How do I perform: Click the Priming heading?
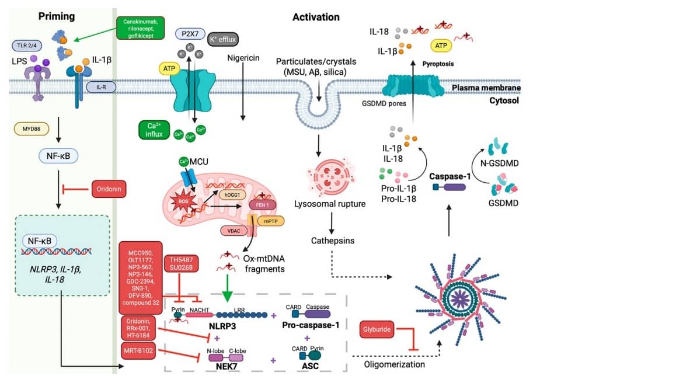click(x=57, y=16)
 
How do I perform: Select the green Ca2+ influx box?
click(x=154, y=130)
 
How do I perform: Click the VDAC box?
click(x=234, y=230)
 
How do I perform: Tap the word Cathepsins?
click(x=332, y=240)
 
